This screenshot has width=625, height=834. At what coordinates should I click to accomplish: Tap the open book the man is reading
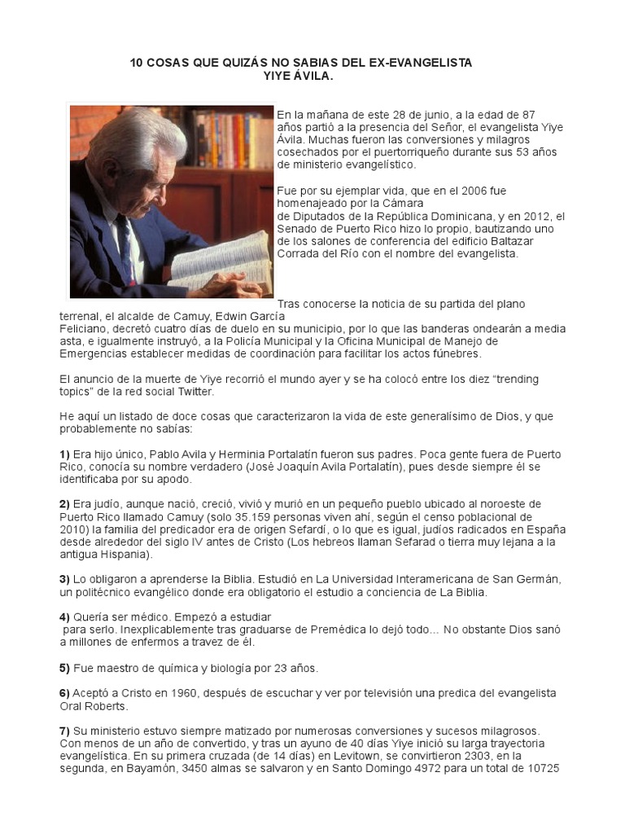coord(221,260)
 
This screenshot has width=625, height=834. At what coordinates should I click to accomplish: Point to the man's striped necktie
coord(127,244)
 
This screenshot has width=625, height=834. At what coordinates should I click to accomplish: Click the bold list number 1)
coord(64,454)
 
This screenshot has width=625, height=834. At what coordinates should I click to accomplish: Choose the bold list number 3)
coord(64,579)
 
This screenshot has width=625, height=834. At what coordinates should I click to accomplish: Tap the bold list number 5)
coord(64,668)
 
